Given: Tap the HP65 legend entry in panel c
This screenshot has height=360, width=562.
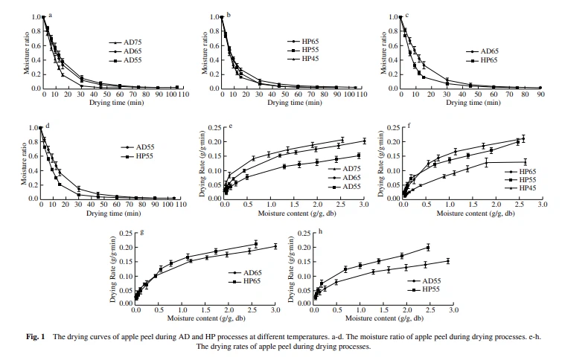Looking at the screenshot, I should (x=484, y=60).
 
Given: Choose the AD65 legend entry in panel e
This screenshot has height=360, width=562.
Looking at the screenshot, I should (x=342, y=178).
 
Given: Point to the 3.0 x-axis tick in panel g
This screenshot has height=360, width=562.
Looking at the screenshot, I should (x=275, y=313).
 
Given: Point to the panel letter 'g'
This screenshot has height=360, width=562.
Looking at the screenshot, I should (x=141, y=232).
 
